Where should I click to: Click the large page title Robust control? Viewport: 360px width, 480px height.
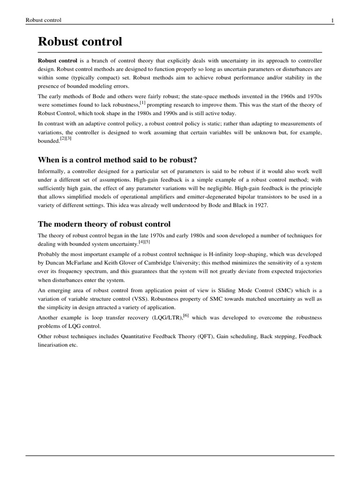point(80,42)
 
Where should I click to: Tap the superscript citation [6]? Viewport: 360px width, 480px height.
point(186,315)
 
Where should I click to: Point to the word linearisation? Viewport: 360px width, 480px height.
point(54,345)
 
